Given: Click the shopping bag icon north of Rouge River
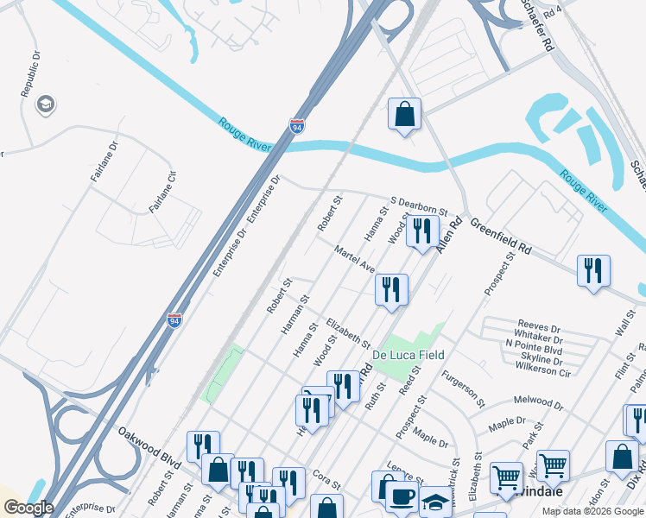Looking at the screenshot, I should point(405,114).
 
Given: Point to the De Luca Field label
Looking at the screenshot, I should point(408,355).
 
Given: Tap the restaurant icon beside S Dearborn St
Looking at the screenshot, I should point(422,231).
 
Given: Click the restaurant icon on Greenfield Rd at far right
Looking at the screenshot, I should point(593,269).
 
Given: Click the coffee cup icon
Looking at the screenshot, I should point(401,496).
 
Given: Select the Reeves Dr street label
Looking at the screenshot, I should point(538,329).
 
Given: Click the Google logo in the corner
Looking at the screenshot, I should point(29,508).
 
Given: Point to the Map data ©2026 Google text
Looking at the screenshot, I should point(592,511).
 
